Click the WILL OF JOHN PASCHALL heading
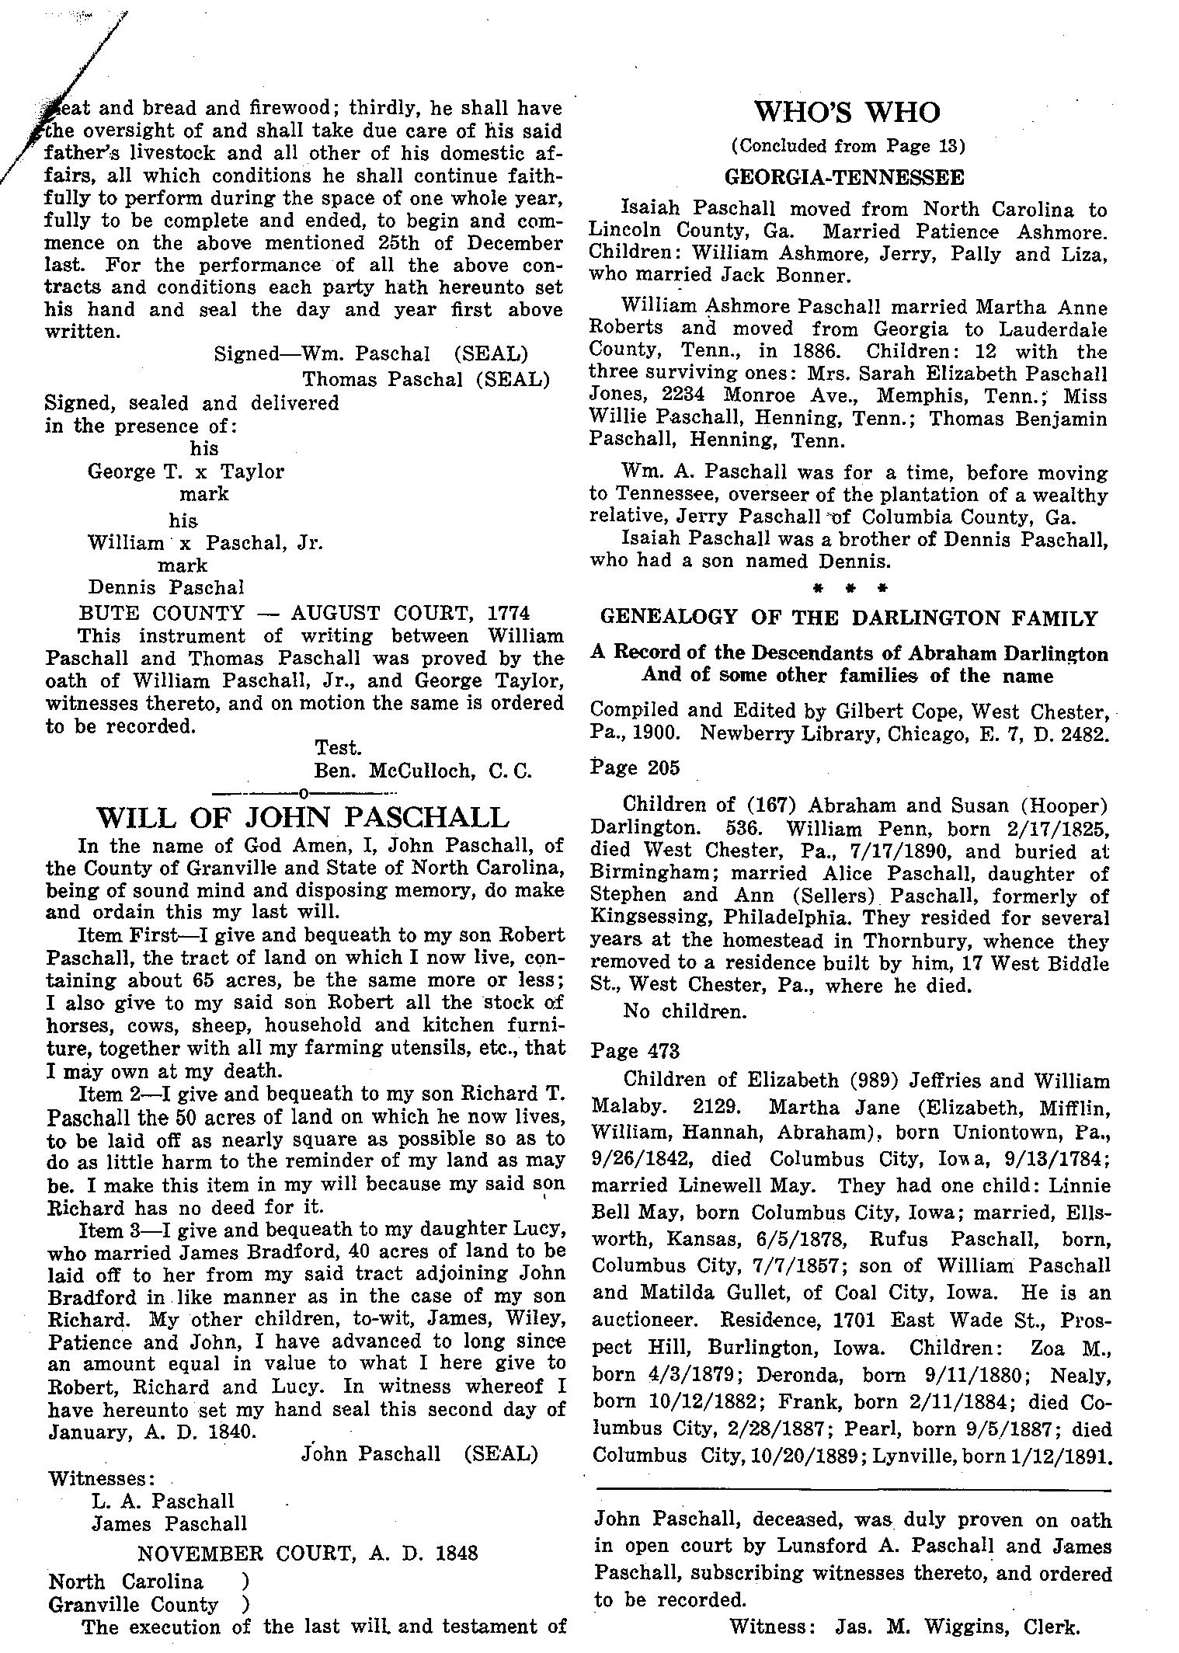[302, 817]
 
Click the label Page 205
[635, 767]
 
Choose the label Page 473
[635, 1051]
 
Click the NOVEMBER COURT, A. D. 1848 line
[308, 1553]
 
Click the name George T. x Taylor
[186, 472]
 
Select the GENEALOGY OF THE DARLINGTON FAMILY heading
[849, 618]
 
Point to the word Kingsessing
[651, 918]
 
